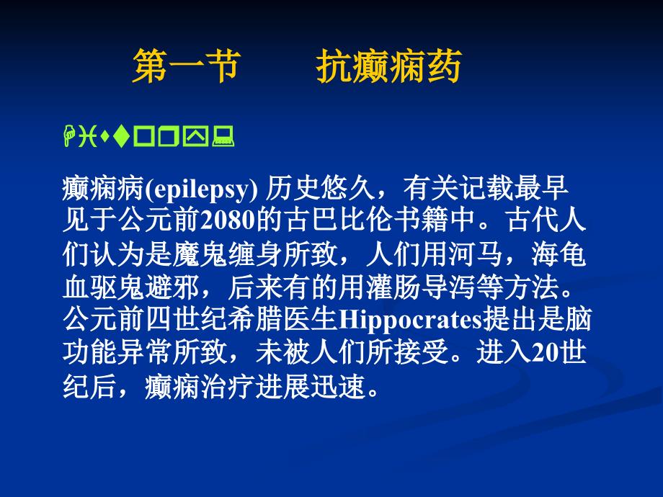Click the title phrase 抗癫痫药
[x=388, y=68]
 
